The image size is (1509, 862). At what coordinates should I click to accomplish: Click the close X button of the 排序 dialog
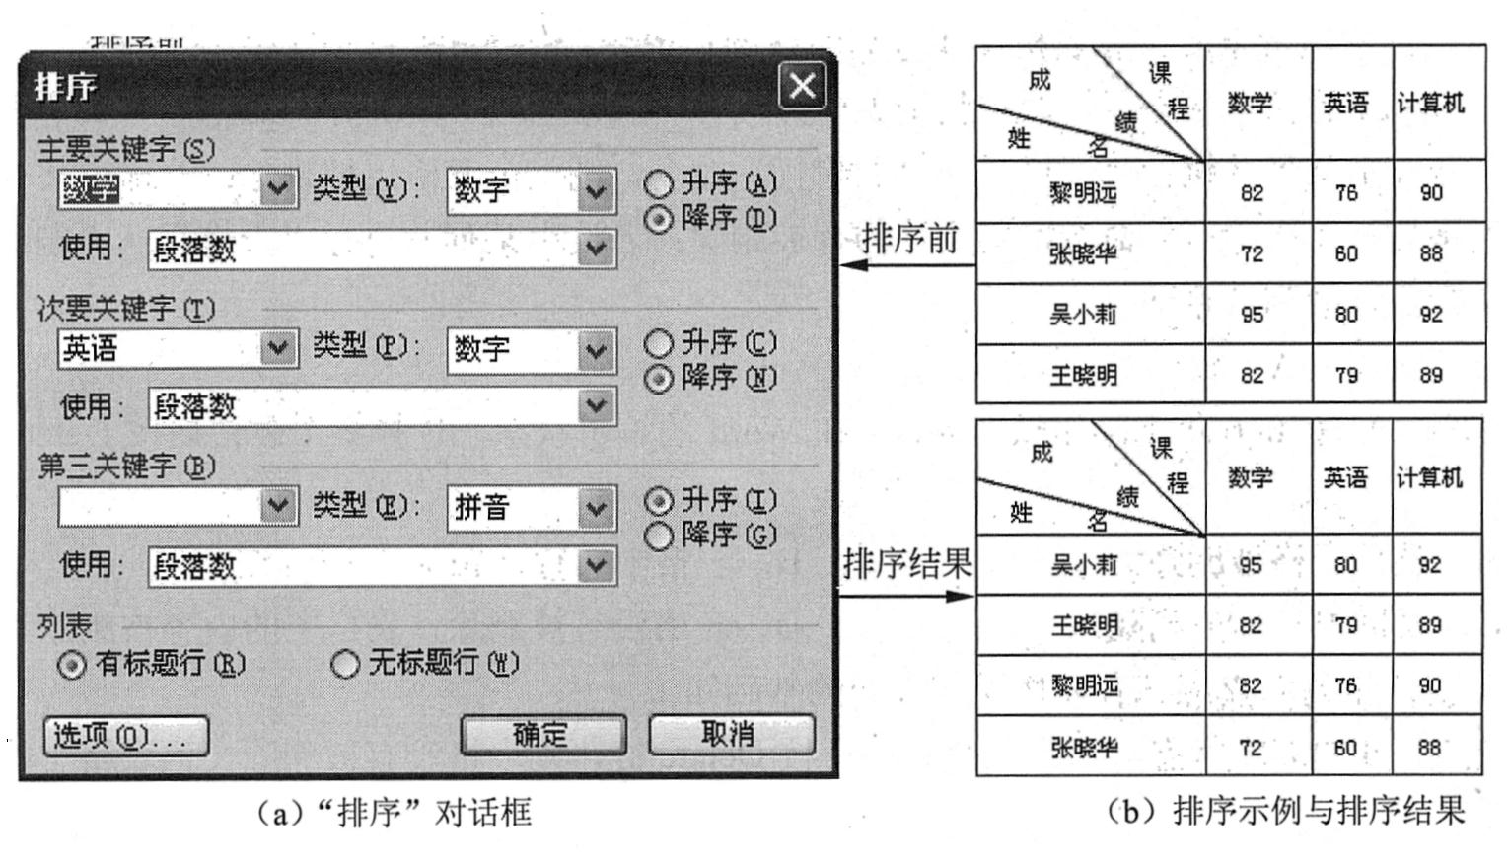[x=802, y=86]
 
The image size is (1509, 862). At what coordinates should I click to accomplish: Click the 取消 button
[x=731, y=734]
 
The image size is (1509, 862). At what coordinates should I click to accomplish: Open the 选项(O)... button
[x=126, y=736]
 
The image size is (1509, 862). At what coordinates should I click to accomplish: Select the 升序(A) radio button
[x=658, y=184]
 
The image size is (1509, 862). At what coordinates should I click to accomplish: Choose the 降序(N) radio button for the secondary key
[x=658, y=379]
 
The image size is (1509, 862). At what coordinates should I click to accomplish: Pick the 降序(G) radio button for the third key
[x=658, y=536]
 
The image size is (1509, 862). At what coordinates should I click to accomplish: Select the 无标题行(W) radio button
[x=344, y=664]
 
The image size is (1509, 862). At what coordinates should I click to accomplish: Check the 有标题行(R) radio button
[x=71, y=665]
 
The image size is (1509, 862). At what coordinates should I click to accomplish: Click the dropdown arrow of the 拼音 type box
[x=595, y=508]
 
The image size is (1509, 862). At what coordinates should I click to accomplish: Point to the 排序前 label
[x=909, y=239]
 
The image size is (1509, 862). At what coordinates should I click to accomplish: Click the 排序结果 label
[x=907, y=564]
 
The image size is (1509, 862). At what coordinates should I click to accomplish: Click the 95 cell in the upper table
[x=1253, y=315]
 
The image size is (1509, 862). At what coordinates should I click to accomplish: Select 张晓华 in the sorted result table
[x=1085, y=748]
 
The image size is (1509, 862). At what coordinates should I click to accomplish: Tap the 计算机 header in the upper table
[x=1430, y=103]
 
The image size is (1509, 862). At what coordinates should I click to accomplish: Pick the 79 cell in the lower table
[x=1346, y=625]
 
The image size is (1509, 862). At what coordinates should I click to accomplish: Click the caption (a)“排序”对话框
[x=394, y=813]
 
